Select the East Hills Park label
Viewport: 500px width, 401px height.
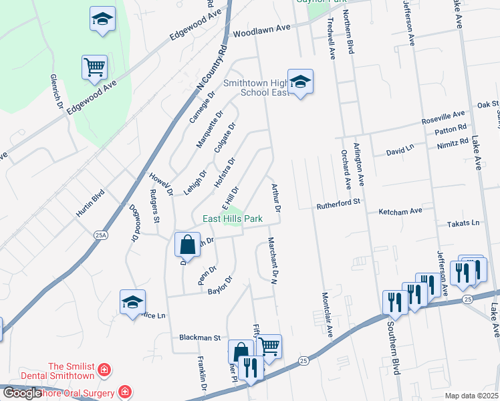[x=233, y=219]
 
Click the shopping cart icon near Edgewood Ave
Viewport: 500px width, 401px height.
[x=95, y=67]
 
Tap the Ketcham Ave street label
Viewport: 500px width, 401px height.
[x=400, y=211]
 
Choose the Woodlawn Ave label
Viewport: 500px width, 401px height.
[x=262, y=29]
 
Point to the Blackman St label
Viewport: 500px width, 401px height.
[x=199, y=338]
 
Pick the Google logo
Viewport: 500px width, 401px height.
[x=22, y=393]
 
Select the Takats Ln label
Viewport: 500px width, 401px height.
[x=466, y=223]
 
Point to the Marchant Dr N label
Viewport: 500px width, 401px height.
[x=272, y=261]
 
